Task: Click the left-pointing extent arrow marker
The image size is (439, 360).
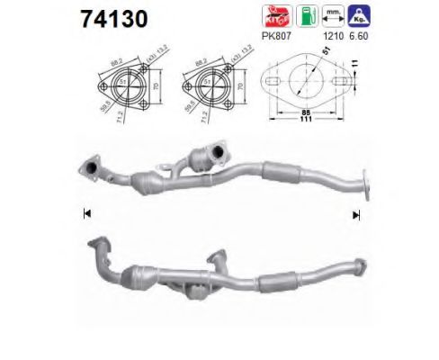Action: pos(86,213)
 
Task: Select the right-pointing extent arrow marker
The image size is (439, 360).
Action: pos(356,213)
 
